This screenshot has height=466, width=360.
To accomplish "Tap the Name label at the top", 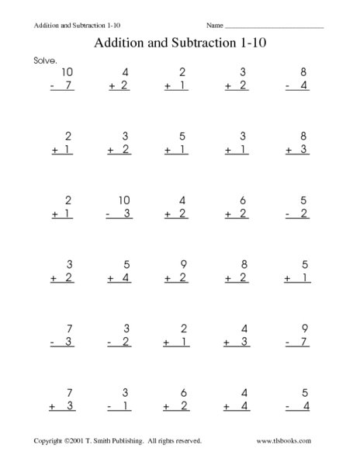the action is click(214, 26).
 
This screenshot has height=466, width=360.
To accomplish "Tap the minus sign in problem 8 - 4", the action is click(287, 85).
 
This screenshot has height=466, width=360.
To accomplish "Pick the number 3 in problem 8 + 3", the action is click(304, 148).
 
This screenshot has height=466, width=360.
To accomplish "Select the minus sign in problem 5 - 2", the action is click(287, 211).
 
